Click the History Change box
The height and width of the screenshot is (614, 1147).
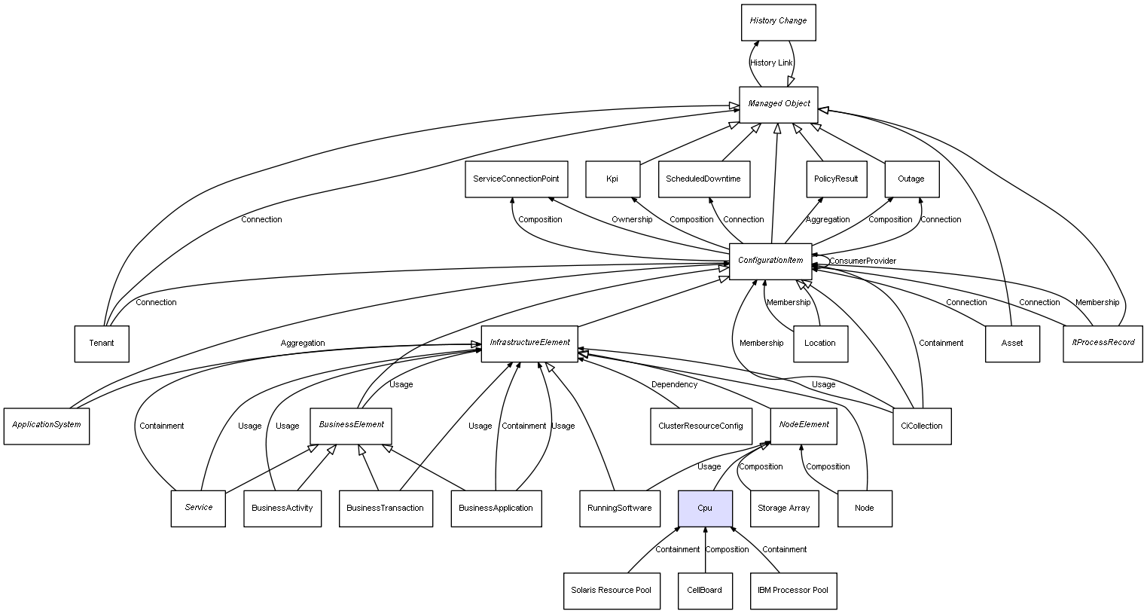pyautogui.click(x=778, y=22)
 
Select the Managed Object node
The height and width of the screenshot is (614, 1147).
pyautogui.click(x=778, y=104)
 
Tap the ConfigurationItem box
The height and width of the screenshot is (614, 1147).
pyautogui.click(x=770, y=261)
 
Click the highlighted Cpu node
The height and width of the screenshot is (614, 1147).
pyautogui.click(x=705, y=508)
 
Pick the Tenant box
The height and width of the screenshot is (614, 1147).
pyautogui.click(x=102, y=344)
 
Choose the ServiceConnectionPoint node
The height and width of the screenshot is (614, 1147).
pyautogui.click(x=516, y=179)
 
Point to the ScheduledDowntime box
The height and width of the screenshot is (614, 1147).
pyautogui.click(x=703, y=179)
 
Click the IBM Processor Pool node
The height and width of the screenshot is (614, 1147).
pyautogui.click(x=793, y=590)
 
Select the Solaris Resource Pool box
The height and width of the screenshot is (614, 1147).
pyautogui.click(x=611, y=590)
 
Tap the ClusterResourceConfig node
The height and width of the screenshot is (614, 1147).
pyautogui.click(x=700, y=426)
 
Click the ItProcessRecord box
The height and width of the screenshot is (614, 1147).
pyautogui.click(x=1103, y=343)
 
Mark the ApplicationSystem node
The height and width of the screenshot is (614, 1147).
pyautogui.click(x=47, y=425)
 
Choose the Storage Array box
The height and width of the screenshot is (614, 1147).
pyautogui.click(x=783, y=508)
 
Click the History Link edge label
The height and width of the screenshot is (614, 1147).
pyautogui.click(x=771, y=63)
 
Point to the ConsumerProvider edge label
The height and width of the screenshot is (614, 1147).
pyautogui.click(x=862, y=261)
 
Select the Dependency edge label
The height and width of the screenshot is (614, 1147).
pyautogui.click(x=674, y=384)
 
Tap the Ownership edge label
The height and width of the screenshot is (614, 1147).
pyautogui.click(x=632, y=219)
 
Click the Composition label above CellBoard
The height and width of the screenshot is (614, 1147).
pyautogui.click(x=727, y=549)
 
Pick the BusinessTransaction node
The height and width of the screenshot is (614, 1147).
pyautogui.click(x=386, y=508)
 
